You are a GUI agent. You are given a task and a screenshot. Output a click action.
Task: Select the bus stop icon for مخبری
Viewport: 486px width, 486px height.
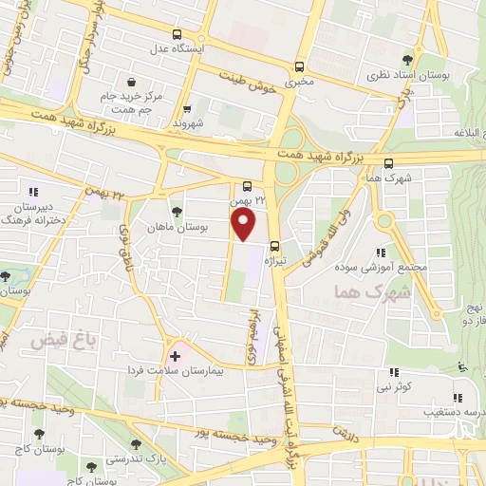[x=300, y=66]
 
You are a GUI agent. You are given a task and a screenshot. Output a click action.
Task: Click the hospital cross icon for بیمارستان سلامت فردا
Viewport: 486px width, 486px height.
[x=175, y=355]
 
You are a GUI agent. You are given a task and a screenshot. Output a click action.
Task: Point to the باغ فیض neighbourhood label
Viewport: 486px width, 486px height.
[x=62, y=339]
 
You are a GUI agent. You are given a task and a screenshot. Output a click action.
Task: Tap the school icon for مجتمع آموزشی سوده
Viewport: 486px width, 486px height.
[x=380, y=252]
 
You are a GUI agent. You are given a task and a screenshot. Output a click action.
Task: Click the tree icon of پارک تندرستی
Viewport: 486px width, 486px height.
[x=138, y=443]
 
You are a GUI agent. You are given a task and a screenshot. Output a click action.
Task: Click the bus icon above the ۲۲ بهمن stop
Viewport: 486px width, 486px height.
[x=247, y=186]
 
